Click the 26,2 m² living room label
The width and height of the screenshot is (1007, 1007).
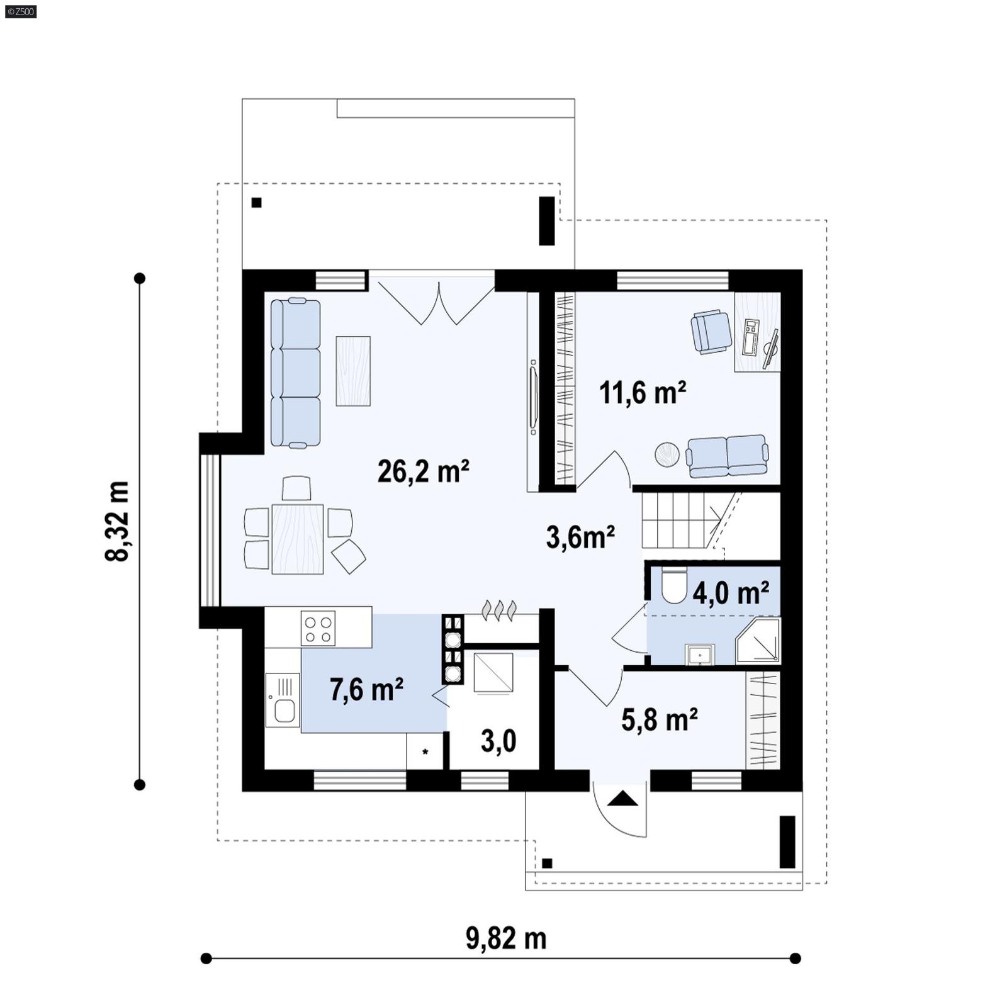pyautogui.click(x=423, y=471)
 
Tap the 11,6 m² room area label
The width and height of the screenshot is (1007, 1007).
pyautogui.click(x=642, y=393)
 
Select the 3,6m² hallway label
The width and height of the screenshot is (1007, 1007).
pyautogui.click(x=580, y=537)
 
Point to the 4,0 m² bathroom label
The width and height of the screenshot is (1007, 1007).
pyautogui.click(x=730, y=593)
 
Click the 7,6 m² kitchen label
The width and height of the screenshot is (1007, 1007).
pyautogui.click(x=366, y=690)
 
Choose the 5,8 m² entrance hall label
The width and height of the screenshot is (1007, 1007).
pyautogui.click(x=659, y=719)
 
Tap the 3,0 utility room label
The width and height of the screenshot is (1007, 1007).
pyautogui.click(x=498, y=741)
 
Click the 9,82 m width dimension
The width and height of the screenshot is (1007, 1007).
pyautogui.click(x=505, y=938)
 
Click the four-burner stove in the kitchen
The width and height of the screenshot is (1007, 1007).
pyautogui.click(x=318, y=628)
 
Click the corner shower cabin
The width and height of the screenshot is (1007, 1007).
pyautogui.click(x=759, y=641)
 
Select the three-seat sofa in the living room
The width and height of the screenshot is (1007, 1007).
pyautogui.click(x=296, y=373)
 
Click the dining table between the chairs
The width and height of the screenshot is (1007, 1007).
pyautogui.click(x=297, y=539)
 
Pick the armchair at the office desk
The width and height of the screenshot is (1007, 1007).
pyautogui.click(x=711, y=331)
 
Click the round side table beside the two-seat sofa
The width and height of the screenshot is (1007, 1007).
pyautogui.click(x=667, y=454)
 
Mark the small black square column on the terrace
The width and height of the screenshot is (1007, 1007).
pyautogui.click(x=256, y=203)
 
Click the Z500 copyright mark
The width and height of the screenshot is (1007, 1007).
pyautogui.click(x=20, y=11)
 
